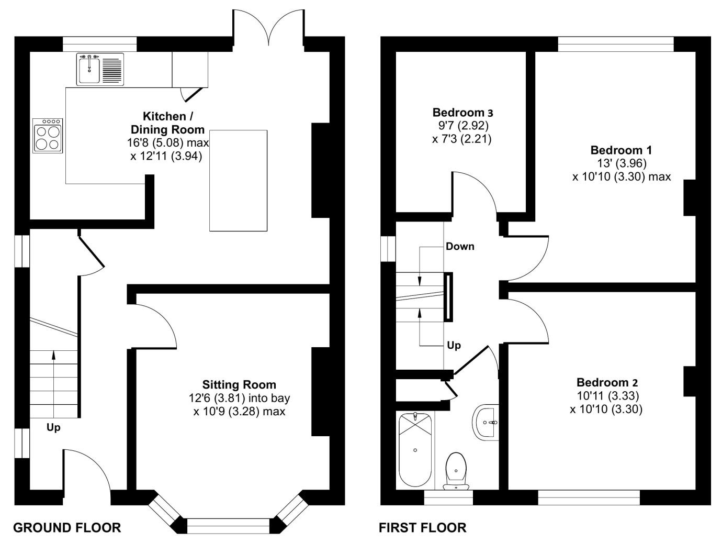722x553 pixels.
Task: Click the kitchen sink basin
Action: pyautogui.click(x=89, y=70)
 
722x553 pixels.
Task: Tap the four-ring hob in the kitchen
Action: pyautogui.click(x=48, y=136)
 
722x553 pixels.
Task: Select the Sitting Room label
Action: pyautogui.click(x=239, y=384)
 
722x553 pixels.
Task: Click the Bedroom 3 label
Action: pyautogui.click(x=462, y=113)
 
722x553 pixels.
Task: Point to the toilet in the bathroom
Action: pyautogui.click(x=456, y=471)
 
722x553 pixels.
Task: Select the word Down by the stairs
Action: pyautogui.click(x=460, y=247)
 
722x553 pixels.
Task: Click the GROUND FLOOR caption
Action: pyautogui.click(x=67, y=528)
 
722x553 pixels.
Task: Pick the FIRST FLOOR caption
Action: pyautogui.click(x=422, y=528)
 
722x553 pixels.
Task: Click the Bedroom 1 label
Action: pyautogui.click(x=621, y=150)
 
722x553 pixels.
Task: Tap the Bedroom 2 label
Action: pyautogui.click(x=607, y=382)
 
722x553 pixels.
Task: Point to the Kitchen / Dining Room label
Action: pyautogui.click(x=168, y=123)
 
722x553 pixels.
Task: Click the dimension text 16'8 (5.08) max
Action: pyautogui.click(x=168, y=143)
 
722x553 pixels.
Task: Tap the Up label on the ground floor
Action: pyautogui.click(x=53, y=428)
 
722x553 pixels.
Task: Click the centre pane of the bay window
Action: pyautogui.click(x=228, y=526)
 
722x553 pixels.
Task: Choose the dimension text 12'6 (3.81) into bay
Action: pyautogui.click(x=239, y=399)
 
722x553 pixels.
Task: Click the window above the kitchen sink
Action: pyautogui.click(x=99, y=44)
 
